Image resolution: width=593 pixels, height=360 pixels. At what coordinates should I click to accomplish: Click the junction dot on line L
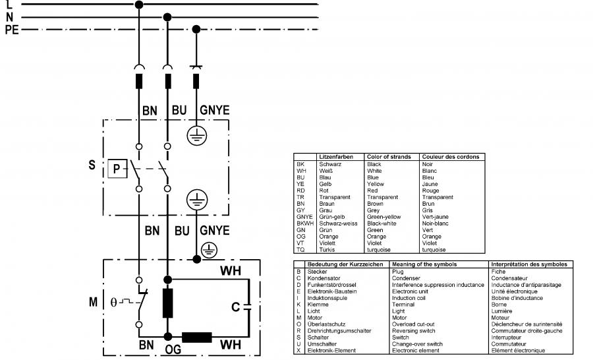click(x=139, y=5)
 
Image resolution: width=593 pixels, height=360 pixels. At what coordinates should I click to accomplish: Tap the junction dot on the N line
click(x=167, y=17)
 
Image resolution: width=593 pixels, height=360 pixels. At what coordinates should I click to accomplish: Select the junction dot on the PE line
click(x=196, y=29)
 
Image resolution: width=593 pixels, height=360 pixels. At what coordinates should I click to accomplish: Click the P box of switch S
click(x=117, y=168)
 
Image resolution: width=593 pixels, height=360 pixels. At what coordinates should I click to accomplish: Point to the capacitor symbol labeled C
click(x=247, y=307)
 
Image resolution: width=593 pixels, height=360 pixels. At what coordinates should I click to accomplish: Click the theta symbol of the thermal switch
click(x=113, y=302)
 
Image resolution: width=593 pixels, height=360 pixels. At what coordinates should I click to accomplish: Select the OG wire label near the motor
click(x=173, y=349)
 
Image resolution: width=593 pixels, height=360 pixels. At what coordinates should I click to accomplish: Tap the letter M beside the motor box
click(x=93, y=302)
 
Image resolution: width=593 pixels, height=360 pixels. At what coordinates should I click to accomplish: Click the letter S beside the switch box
click(x=92, y=165)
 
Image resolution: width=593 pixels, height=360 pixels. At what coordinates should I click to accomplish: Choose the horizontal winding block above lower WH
click(x=196, y=337)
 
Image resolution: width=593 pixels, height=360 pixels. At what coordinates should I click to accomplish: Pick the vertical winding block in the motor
click(x=167, y=303)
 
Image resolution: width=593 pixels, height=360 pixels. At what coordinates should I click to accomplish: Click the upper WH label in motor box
click(x=231, y=271)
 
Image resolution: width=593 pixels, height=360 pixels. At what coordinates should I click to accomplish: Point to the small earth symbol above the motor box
click(x=209, y=251)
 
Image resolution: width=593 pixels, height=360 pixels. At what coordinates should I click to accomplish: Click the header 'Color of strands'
click(x=389, y=157)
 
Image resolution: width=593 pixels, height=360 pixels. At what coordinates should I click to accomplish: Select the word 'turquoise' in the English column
click(x=379, y=250)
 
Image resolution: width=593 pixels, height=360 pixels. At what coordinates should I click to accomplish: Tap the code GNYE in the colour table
click(x=304, y=217)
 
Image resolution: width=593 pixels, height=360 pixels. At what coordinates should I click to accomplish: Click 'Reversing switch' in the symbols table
click(x=413, y=331)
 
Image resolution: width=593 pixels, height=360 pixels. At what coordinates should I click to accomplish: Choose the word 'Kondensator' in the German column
click(x=324, y=278)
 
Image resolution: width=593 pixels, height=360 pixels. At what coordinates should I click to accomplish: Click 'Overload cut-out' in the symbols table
click(x=413, y=324)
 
